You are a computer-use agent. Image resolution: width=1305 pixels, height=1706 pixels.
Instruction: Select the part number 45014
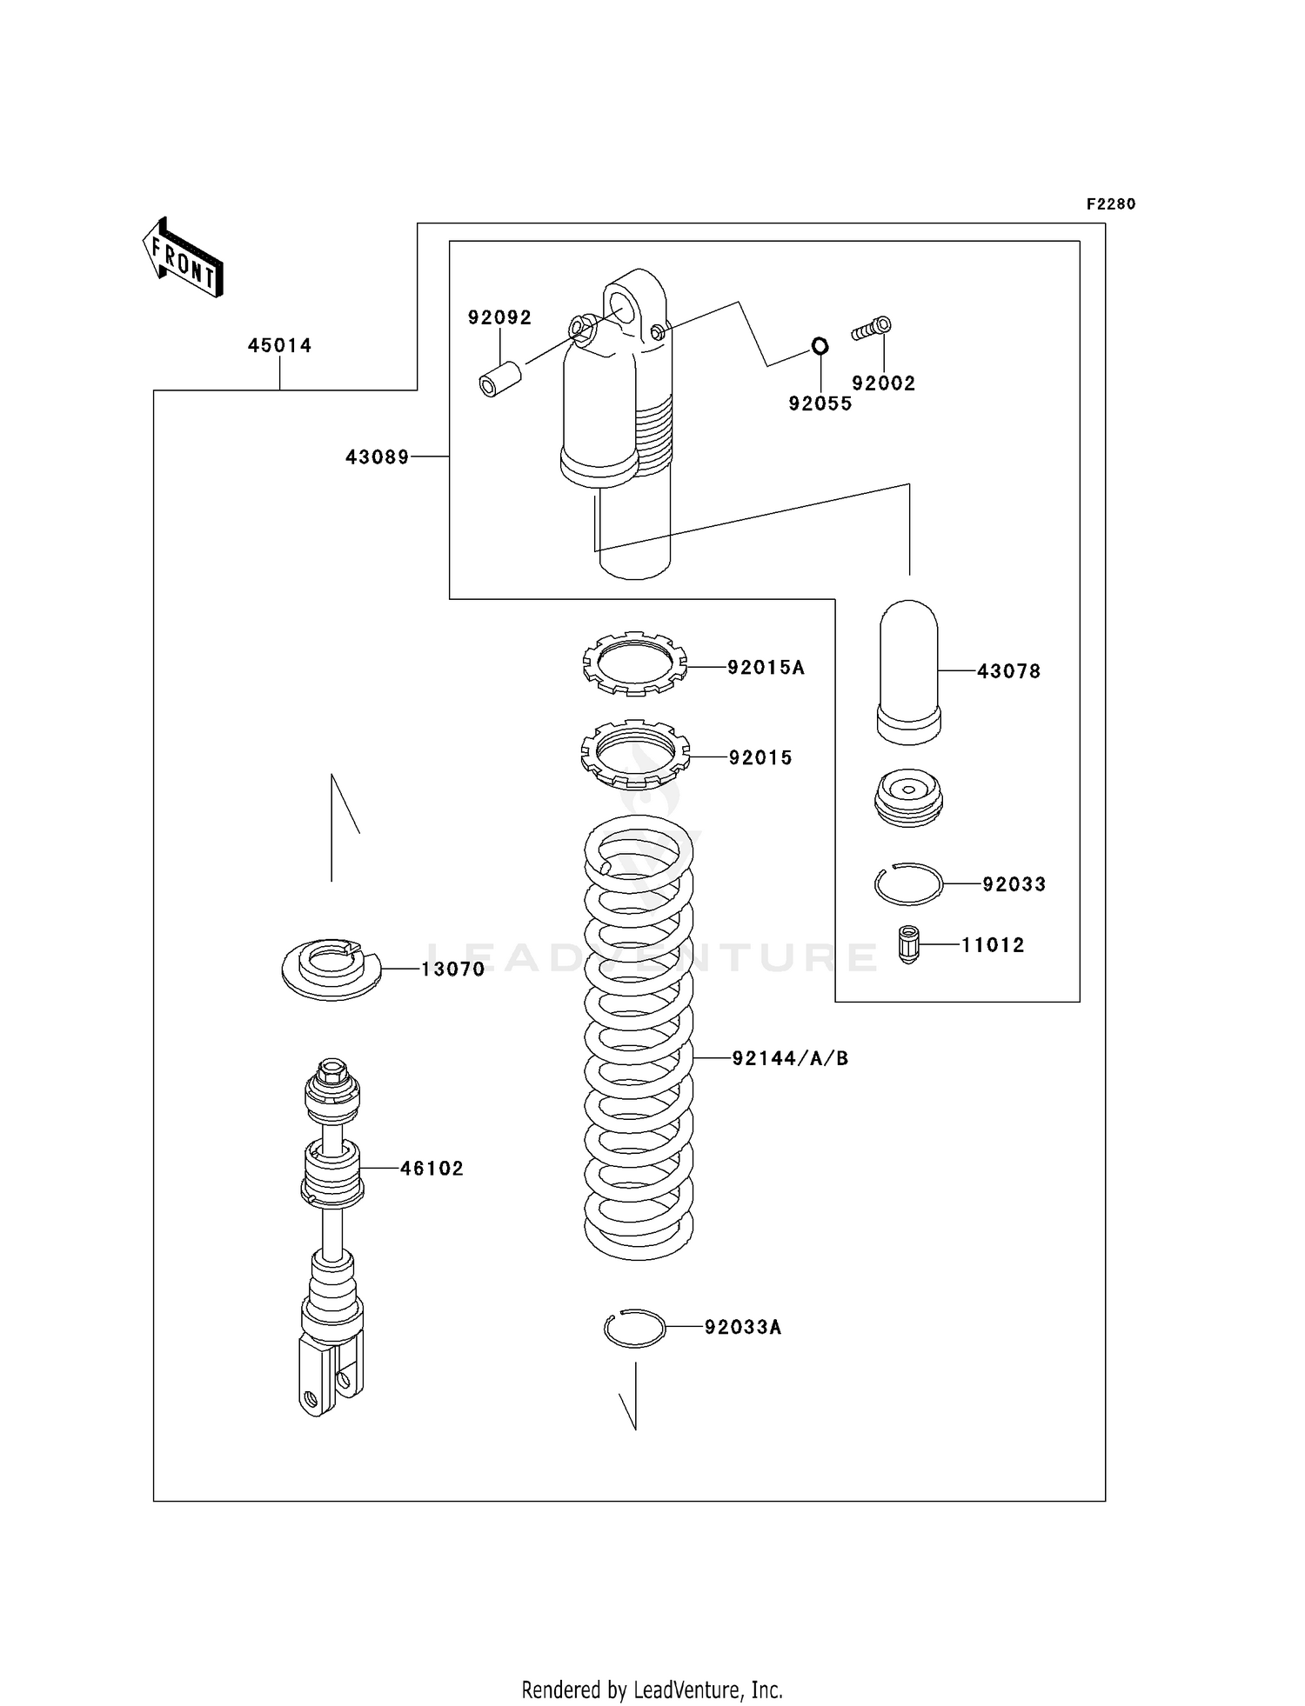tap(279, 345)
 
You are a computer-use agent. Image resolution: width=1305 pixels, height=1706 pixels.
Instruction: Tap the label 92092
tap(499, 317)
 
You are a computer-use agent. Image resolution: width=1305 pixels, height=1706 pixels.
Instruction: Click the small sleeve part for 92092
tap(500, 380)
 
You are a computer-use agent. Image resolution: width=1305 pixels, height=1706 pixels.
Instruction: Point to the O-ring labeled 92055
tap(820, 346)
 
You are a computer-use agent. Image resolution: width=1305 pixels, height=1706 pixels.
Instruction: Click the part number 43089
tap(377, 456)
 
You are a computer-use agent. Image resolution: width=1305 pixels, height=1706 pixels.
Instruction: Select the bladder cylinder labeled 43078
tap(909, 671)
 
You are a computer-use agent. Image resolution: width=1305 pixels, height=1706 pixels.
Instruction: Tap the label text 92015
tap(760, 757)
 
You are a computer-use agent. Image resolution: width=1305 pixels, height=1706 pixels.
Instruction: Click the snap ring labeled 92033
tap(908, 884)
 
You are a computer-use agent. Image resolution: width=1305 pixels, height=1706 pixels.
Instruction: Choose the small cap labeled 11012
tap(908, 944)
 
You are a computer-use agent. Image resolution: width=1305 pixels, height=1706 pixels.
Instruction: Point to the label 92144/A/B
tap(790, 1058)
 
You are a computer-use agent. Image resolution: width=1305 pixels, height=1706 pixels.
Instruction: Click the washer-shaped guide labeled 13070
tap(331, 969)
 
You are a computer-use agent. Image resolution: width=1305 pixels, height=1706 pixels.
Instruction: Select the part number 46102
tap(432, 1169)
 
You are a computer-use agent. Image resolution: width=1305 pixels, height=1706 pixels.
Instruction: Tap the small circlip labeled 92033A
tap(635, 1328)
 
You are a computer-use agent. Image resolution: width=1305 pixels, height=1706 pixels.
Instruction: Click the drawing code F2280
tap(1110, 204)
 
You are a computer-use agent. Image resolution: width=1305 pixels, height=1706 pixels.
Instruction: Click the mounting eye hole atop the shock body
tap(623, 306)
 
